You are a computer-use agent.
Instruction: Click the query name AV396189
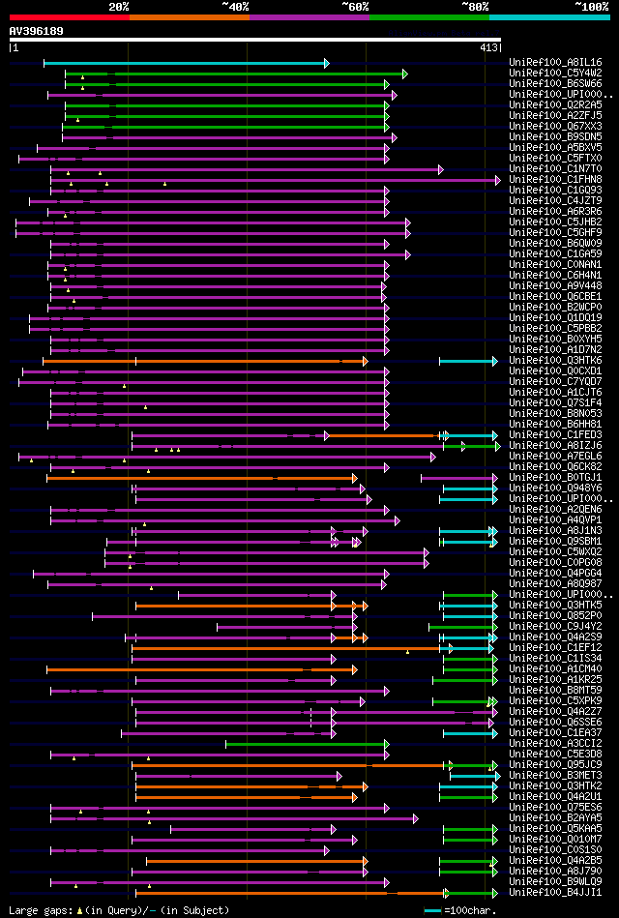pyautogui.click(x=37, y=31)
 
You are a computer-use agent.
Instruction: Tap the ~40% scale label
pyautogui.click(x=235, y=6)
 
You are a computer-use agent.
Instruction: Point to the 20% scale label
pyautogui.click(x=119, y=6)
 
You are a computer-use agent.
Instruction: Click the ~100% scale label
pyautogui.click(x=591, y=6)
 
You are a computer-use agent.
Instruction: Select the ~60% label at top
pyautogui.click(x=355, y=6)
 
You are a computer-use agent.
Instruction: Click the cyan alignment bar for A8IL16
pyautogui.click(x=184, y=64)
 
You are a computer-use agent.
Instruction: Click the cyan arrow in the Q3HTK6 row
pyautogui.click(x=468, y=361)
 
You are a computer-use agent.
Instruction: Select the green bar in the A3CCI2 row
pyautogui.click(x=306, y=744)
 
